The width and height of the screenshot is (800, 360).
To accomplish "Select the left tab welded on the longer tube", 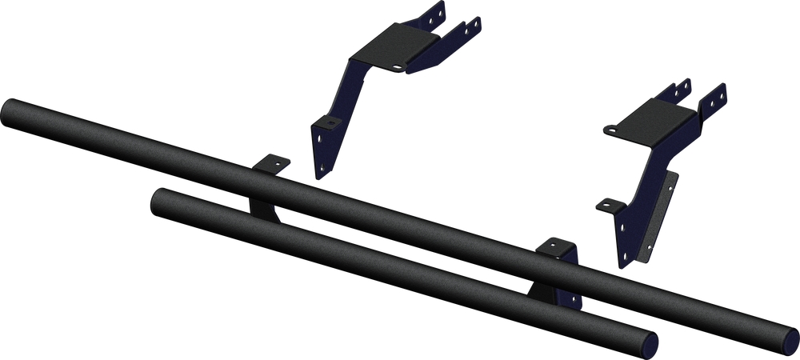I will (x=271, y=163).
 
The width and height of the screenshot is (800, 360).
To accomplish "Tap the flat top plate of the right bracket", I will (x=656, y=124).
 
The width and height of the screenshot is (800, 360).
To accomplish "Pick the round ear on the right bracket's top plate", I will (x=612, y=127).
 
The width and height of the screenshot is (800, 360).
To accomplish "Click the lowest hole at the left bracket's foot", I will (x=323, y=169).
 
